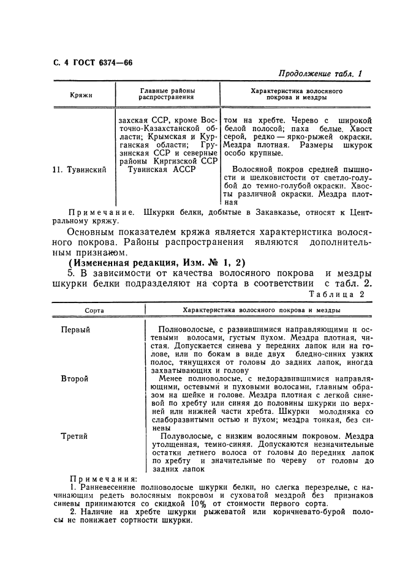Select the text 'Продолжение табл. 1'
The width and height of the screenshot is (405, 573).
pos(320,73)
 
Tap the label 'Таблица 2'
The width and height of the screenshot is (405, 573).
pos(337,294)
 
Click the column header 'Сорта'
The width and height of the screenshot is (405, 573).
pos(94,311)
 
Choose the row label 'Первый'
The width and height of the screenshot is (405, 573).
pos(75,329)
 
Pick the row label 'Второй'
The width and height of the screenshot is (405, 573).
pos(74,379)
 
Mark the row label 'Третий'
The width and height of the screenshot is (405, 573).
pos(74,436)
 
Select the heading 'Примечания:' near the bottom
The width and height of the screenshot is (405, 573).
pos(96,479)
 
